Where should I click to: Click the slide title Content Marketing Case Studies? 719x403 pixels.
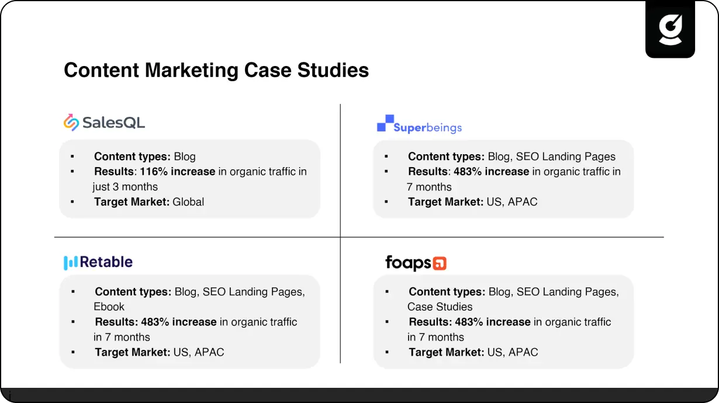click(x=216, y=70)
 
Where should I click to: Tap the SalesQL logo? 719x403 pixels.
click(x=104, y=123)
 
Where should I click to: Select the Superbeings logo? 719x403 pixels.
click(x=419, y=124)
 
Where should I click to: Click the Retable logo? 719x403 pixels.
click(x=98, y=262)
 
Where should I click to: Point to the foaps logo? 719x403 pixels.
click(x=416, y=263)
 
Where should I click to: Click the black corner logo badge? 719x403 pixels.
click(x=670, y=29)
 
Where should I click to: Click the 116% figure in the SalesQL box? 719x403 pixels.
click(x=154, y=172)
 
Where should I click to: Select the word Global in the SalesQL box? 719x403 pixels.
click(x=188, y=202)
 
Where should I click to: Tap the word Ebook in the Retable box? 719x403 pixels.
click(x=109, y=307)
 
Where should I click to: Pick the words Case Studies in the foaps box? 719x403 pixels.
click(x=440, y=307)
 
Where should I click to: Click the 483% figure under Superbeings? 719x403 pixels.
click(x=468, y=172)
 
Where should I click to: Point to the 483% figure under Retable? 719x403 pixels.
click(x=155, y=322)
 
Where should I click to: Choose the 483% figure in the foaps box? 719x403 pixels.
click(x=469, y=322)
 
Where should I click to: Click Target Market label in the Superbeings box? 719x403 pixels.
click(x=446, y=202)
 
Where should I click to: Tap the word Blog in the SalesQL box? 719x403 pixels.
click(x=185, y=157)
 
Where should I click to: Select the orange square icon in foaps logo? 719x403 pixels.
click(x=440, y=263)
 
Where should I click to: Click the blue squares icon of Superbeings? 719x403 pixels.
click(x=385, y=123)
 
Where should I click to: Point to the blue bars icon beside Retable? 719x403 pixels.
click(x=71, y=263)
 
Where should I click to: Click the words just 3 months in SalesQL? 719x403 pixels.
click(x=125, y=187)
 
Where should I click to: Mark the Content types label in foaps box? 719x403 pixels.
click(x=447, y=292)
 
